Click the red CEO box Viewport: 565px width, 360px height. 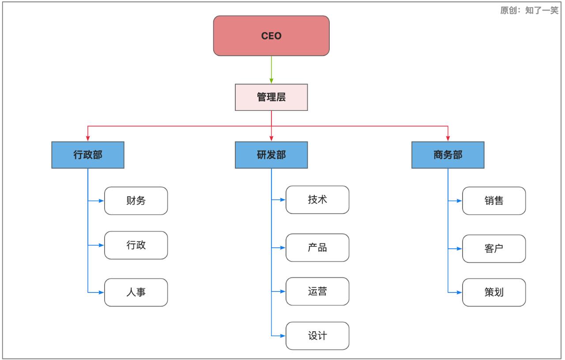pos(271,36)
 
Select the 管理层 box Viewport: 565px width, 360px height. pos(271,98)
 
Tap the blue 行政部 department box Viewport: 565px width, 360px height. pos(88,155)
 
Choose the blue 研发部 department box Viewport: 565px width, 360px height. pos(271,155)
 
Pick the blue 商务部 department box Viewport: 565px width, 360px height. pos(448,155)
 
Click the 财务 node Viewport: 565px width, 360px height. pos(136,201)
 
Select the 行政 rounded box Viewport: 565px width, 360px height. pos(136,245)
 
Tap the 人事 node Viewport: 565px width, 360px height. pos(136,292)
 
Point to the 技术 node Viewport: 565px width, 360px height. pos(317,200)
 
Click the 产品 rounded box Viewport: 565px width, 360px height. pos(317,247)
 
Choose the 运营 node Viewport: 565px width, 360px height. pos(317,292)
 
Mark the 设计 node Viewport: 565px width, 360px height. pos(317,336)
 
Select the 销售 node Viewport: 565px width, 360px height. pos(494,201)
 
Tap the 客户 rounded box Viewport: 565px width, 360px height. pos(494,248)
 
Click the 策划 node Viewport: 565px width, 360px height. pos(494,292)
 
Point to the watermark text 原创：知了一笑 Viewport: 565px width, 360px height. pos(529,11)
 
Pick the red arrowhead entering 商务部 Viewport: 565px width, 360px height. pos(448,139)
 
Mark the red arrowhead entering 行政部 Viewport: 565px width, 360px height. pos(88,139)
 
